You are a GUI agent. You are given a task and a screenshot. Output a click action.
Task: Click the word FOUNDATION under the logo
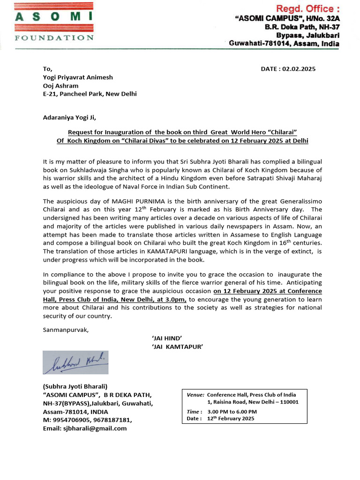(54, 37)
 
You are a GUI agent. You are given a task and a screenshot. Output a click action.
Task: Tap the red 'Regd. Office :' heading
(307, 8)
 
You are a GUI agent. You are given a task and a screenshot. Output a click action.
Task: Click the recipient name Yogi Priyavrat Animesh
(78, 77)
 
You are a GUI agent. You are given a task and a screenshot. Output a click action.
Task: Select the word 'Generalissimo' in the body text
(300, 201)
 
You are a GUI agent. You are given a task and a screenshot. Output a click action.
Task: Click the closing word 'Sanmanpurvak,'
(66, 330)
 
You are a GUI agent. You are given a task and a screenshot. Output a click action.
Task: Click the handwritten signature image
(75, 362)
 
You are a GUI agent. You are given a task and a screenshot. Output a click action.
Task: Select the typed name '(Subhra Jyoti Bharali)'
(75, 386)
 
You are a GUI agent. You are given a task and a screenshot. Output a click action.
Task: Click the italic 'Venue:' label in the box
(195, 395)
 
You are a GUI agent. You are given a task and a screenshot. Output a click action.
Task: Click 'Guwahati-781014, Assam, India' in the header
(284, 44)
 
